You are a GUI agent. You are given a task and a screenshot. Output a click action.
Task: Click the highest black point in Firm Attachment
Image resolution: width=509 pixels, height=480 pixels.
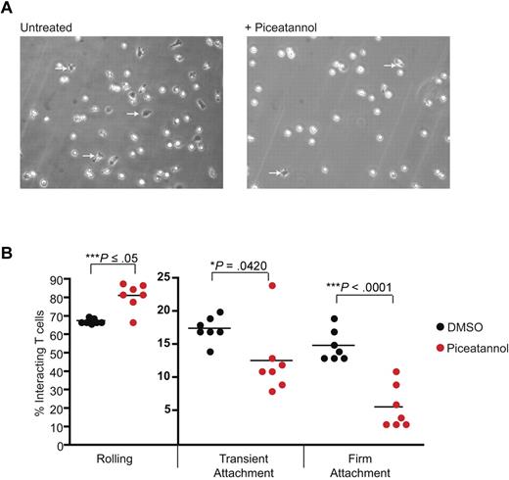335,319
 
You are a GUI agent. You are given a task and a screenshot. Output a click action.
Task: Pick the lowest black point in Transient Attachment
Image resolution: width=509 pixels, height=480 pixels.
214,350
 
